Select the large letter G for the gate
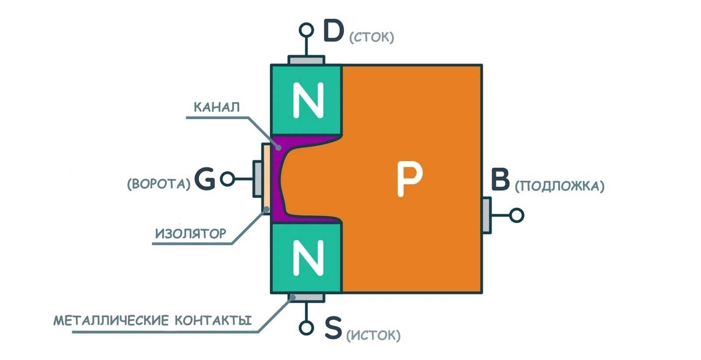click(205, 179)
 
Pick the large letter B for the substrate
click(500, 179)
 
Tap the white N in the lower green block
click(308, 258)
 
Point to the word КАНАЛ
click(216, 107)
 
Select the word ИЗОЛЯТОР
click(191, 233)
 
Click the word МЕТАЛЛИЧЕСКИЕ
click(111, 321)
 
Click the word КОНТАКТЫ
click(213, 321)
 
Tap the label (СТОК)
click(372, 37)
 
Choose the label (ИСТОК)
click(373, 336)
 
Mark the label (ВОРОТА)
click(159, 184)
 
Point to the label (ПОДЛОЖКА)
click(559, 186)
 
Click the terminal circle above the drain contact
click(306, 30)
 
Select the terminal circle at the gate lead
click(227, 179)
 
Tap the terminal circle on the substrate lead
click(517, 215)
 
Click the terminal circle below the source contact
click(306, 328)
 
